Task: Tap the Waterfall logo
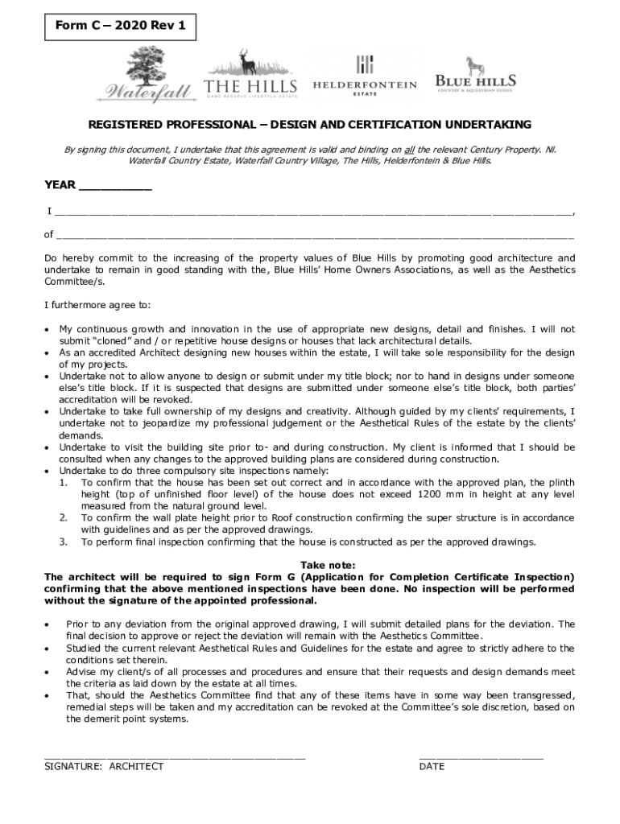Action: tap(147, 76)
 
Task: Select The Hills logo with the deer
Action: tap(250, 75)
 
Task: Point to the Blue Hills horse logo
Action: tap(475, 75)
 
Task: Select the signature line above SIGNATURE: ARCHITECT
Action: tap(175, 756)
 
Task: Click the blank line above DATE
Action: tap(481, 756)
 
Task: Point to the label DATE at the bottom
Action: tap(432, 766)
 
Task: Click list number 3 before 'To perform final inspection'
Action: tap(63, 542)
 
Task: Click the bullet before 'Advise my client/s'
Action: tap(48, 672)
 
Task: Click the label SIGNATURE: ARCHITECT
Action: tap(104, 766)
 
